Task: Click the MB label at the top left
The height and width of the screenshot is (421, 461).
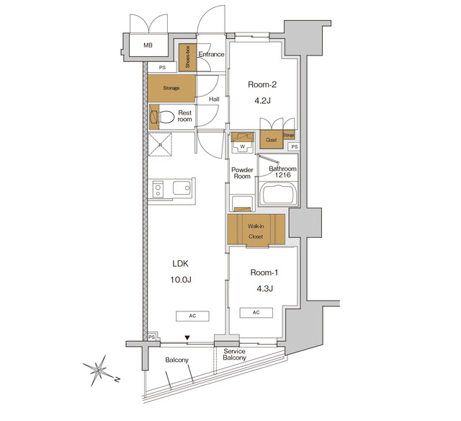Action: [148, 45]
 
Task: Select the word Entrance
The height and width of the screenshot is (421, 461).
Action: [212, 54]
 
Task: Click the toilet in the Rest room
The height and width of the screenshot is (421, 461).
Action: [166, 116]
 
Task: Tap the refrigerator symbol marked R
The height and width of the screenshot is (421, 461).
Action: [160, 144]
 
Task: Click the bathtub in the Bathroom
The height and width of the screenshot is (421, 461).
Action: [278, 195]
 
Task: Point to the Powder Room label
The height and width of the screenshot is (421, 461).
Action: [241, 173]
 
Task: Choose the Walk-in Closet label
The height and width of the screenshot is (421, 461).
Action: [256, 230]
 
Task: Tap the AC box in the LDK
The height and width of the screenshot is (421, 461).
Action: [192, 316]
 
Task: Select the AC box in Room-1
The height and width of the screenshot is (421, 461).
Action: [256, 312]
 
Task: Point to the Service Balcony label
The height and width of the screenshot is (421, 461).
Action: [235, 354]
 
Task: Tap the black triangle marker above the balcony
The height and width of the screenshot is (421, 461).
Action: [187, 337]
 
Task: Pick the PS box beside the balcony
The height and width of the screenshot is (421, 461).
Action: [152, 337]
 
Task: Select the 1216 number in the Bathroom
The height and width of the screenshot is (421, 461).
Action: [283, 176]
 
